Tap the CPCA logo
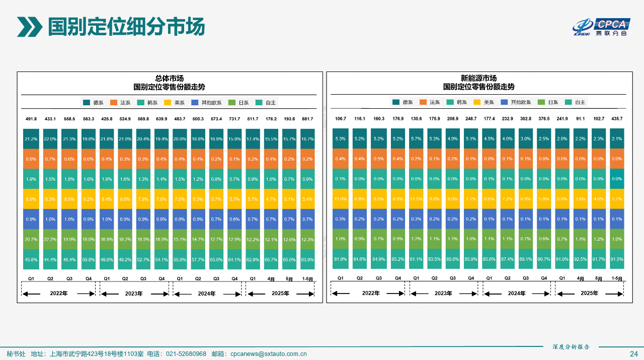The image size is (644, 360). [x=601, y=27]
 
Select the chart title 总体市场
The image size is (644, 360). [x=169, y=78]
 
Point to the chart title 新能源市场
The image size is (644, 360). [x=478, y=78]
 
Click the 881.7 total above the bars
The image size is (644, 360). [x=307, y=119]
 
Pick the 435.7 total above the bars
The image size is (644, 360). [x=616, y=119]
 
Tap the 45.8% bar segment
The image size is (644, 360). [x=31, y=259]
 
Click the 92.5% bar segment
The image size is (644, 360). [x=580, y=259]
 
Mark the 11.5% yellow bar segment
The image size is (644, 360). [x=416, y=199]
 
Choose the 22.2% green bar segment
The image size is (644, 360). [x=50, y=239]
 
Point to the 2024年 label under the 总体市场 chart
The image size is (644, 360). [x=206, y=294]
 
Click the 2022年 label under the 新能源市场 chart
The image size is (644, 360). [x=371, y=294]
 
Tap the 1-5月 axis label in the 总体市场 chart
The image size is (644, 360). [x=307, y=278]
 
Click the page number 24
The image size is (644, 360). [x=634, y=354]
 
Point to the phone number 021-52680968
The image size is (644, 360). [x=186, y=354]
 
